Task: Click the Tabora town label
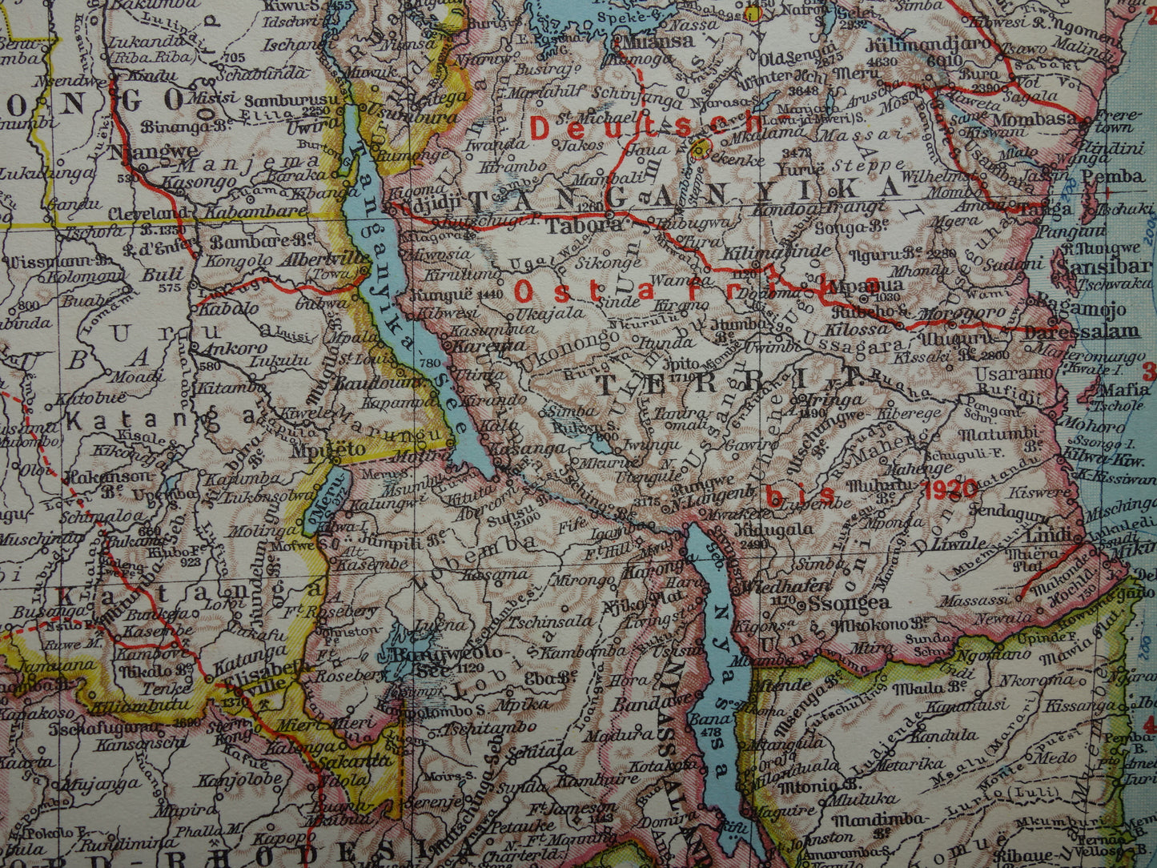click(x=573, y=227)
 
